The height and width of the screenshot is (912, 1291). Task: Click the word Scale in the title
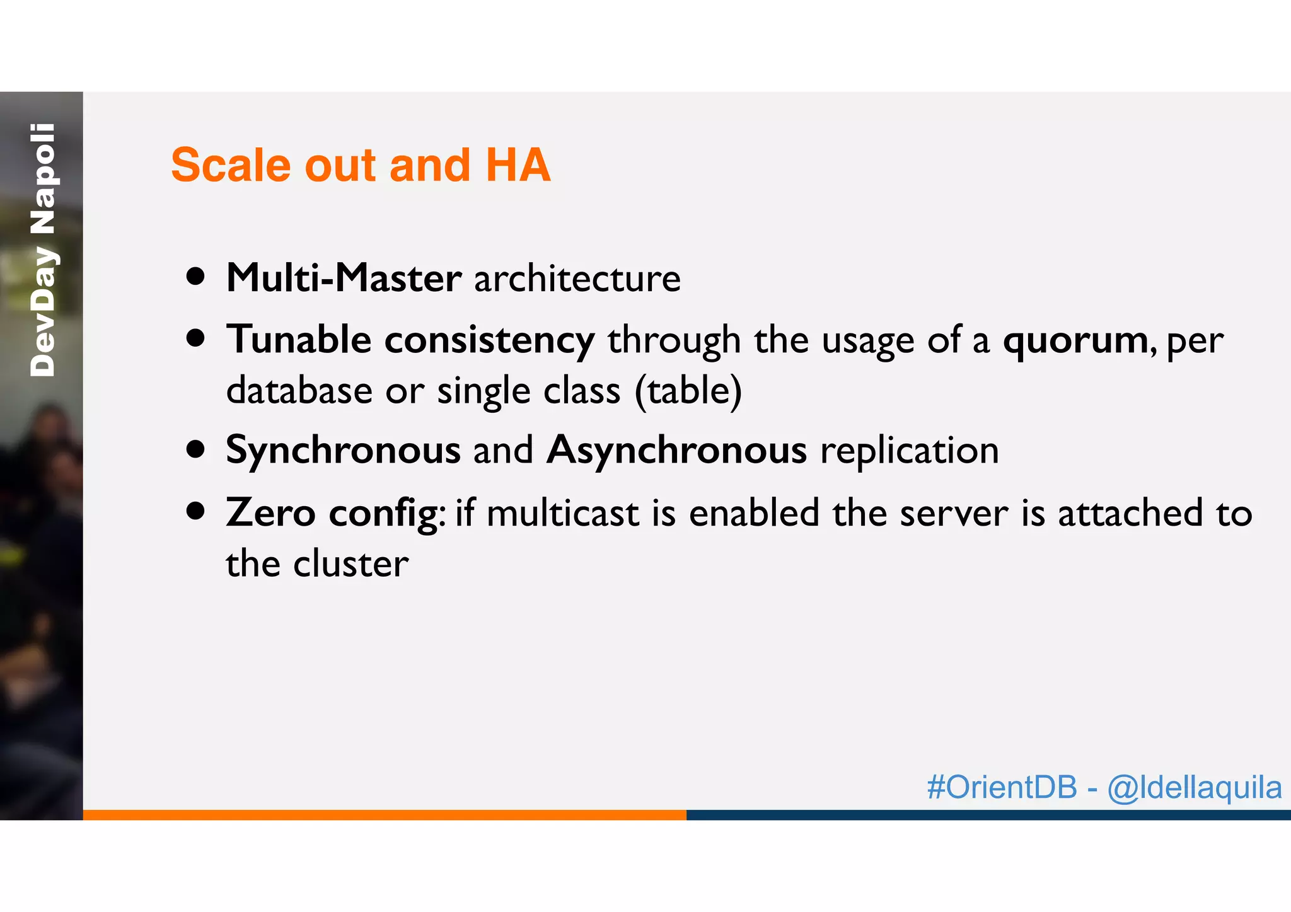click(x=231, y=165)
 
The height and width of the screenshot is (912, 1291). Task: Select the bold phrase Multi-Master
click(x=344, y=278)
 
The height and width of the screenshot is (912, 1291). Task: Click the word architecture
click(x=577, y=278)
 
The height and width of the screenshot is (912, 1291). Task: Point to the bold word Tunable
click(x=299, y=340)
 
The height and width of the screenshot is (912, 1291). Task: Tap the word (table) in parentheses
click(x=688, y=391)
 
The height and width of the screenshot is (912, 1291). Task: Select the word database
click(x=299, y=391)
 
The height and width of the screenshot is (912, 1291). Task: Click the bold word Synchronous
click(x=343, y=451)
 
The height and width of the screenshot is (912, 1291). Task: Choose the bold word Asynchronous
click(x=676, y=451)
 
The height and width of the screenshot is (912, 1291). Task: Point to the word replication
click(x=909, y=451)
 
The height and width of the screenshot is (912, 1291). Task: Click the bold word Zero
click(x=270, y=512)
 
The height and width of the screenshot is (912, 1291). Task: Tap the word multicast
click(x=563, y=512)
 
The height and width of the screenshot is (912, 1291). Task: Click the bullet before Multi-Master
click(x=196, y=277)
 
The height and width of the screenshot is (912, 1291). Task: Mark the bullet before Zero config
click(x=196, y=511)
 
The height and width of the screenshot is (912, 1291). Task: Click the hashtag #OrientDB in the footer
click(x=1002, y=787)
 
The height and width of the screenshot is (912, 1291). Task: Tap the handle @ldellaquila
click(x=1194, y=787)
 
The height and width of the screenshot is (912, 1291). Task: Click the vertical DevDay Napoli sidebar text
click(x=43, y=250)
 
